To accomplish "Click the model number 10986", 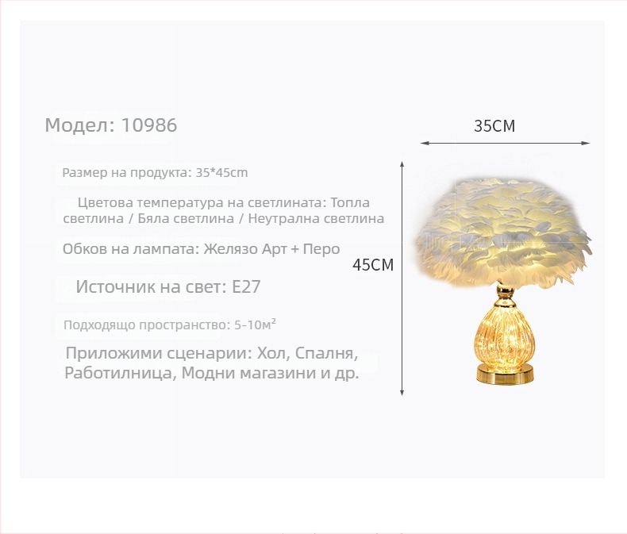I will click(x=149, y=125).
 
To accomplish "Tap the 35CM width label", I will click(x=494, y=126).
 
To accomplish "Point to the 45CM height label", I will click(x=373, y=265).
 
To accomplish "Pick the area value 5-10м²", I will click(x=256, y=325).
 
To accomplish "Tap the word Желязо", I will click(x=232, y=249).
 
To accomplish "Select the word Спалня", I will click(x=328, y=353).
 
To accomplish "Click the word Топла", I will click(x=349, y=202).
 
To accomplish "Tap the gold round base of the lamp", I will click(x=505, y=373).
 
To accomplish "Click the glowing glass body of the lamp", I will click(x=505, y=337).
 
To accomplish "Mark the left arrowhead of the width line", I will click(x=423, y=144).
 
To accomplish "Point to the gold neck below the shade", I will click(x=505, y=298).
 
